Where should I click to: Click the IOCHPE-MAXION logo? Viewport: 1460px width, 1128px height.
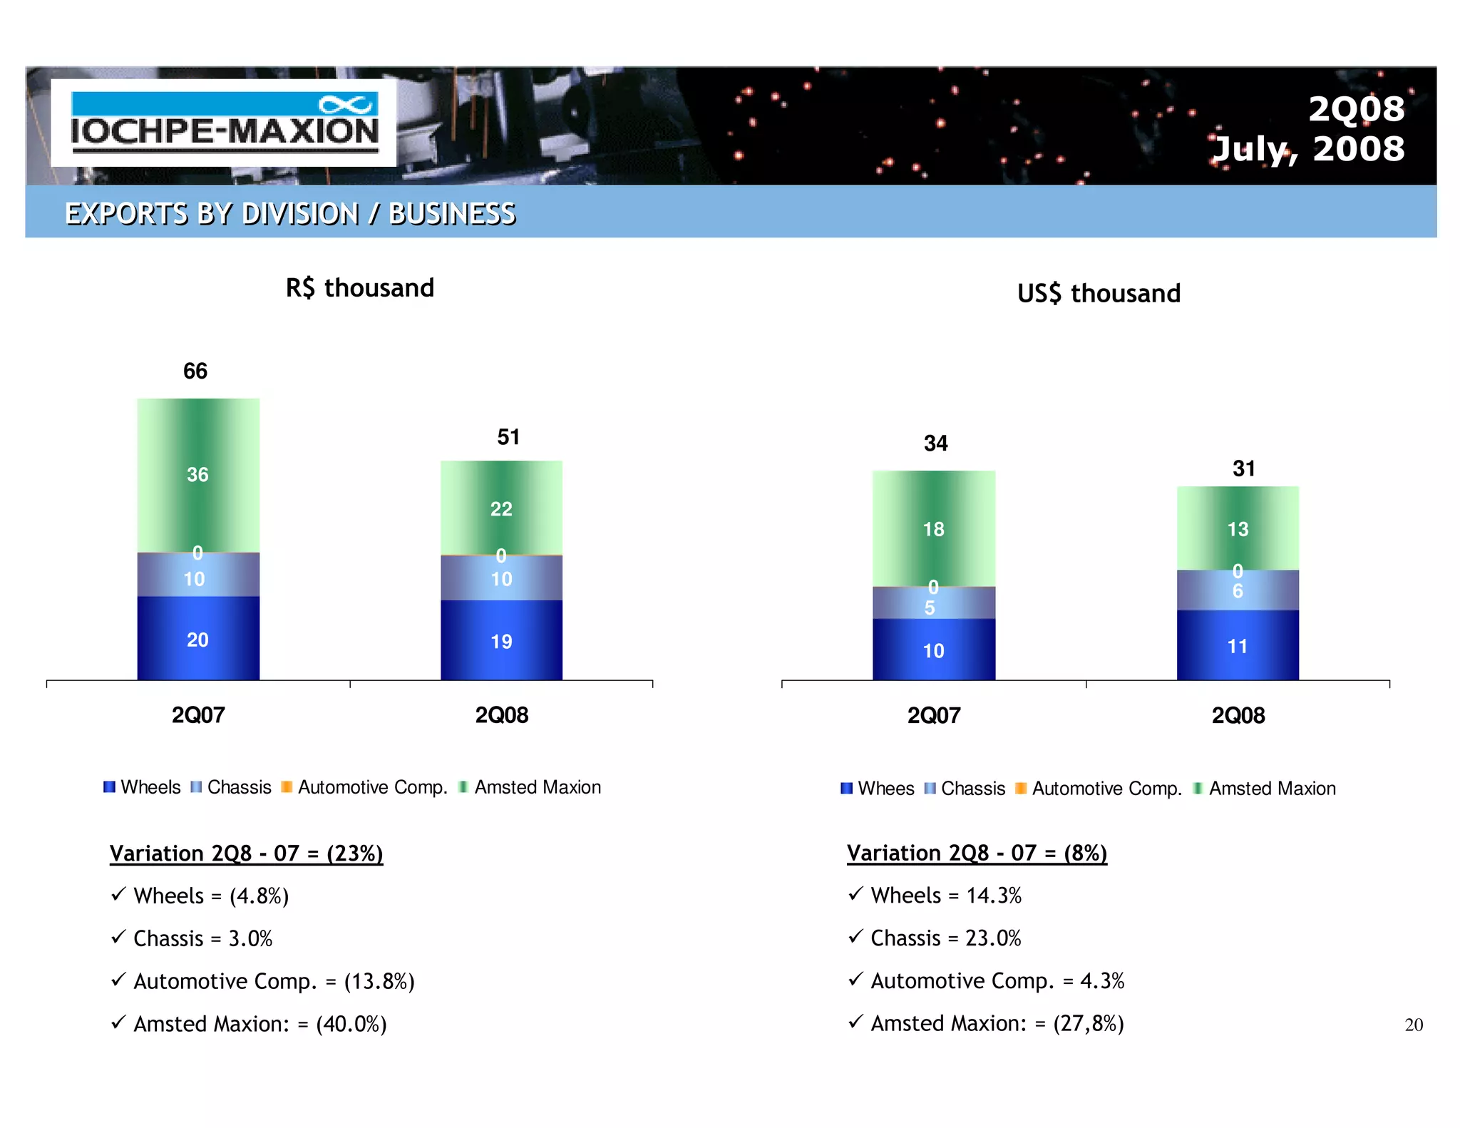pos(224,123)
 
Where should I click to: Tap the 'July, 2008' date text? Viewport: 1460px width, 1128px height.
pos(1308,150)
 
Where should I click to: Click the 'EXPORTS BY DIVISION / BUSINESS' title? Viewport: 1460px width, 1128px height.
pos(290,213)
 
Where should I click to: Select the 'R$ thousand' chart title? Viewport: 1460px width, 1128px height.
pos(360,288)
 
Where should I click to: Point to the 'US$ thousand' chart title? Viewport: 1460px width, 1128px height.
pos(1099,294)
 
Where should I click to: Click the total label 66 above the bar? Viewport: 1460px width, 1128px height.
pos(195,371)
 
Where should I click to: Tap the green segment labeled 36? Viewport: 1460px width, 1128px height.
pos(198,475)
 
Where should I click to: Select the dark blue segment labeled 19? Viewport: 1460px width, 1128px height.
pos(501,641)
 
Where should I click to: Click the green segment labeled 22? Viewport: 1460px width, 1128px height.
pos(501,508)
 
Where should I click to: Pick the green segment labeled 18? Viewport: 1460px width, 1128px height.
pos(933,529)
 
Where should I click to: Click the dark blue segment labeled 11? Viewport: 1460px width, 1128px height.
pos(1238,646)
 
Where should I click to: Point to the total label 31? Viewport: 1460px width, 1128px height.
pos(1244,468)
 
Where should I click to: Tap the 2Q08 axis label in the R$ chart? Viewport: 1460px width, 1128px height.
pos(502,715)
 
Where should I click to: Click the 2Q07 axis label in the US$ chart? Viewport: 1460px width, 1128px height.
pos(934,715)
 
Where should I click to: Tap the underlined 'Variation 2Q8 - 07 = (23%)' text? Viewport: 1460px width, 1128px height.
pos(247,853)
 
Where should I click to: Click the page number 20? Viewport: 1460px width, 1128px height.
pos(1413,1025)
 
